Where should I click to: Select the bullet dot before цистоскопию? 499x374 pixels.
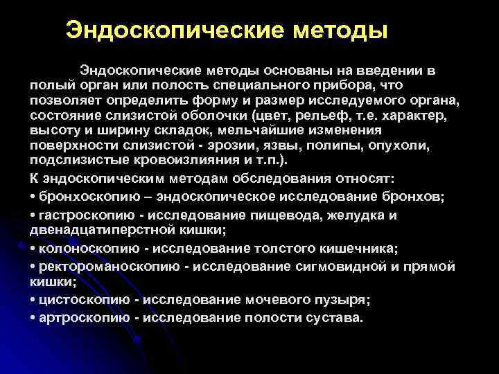(x=33, y=300)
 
